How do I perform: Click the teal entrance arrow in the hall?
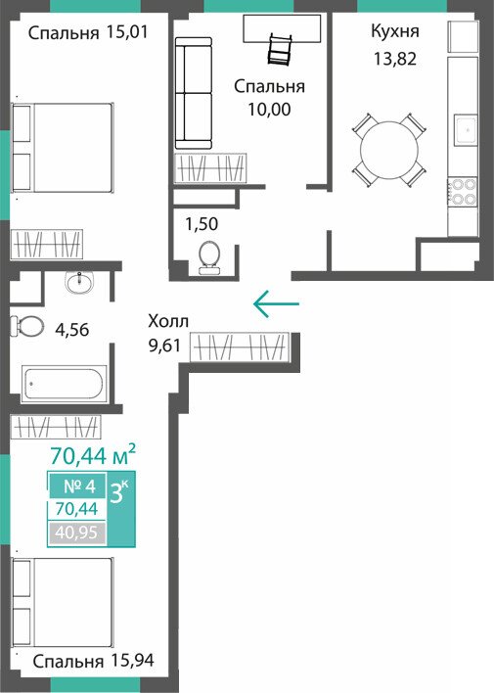tap(277, 303)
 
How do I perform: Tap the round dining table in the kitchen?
tap(388, 150)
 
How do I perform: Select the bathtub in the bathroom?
tap(64, 383)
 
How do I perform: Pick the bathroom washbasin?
tap(79, 282)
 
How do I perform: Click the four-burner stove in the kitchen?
tap(462, 192)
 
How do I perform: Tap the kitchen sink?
tap(467, 130)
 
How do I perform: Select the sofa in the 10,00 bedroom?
tap(194, 93)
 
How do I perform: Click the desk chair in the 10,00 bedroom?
tap(279, 50)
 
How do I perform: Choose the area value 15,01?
tap(127, 32)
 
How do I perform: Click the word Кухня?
tap(395, 31)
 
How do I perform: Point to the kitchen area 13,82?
tap(395, 59)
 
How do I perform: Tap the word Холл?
tap(168, 321)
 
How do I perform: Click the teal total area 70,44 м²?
tap(92, 456)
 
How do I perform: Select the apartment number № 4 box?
tap(78, 486)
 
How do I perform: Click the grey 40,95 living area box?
tap(77, 532)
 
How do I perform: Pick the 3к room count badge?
tap(120, 492)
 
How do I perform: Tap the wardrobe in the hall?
tap(240, 346)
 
